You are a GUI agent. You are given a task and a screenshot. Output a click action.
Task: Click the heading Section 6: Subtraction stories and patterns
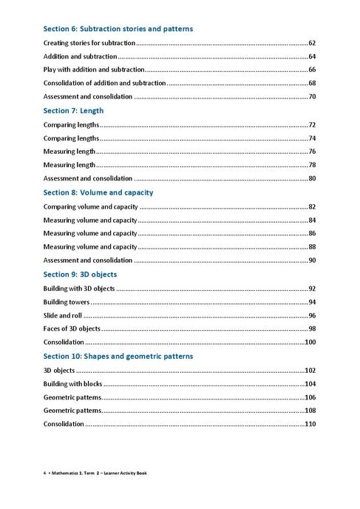118,29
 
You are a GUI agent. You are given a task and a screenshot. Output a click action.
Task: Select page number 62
312,44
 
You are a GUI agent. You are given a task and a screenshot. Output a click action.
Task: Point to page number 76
312,152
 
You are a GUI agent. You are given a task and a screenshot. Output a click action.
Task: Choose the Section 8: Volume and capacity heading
98,192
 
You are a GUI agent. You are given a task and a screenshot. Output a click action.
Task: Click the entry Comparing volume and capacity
91,206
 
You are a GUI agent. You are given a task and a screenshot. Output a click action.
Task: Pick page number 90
312,260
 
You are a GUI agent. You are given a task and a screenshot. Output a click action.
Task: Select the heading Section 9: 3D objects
76,274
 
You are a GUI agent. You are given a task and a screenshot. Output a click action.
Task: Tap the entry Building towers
67,302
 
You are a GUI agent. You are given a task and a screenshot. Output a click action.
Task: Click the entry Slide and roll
62,315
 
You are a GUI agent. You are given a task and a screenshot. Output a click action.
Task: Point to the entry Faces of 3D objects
72,328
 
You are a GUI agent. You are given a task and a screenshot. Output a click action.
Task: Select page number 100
310,343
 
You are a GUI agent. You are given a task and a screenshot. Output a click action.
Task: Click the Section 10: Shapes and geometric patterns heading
118,356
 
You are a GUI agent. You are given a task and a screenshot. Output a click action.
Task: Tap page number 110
310,424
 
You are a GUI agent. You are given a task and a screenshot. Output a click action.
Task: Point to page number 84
312,220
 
